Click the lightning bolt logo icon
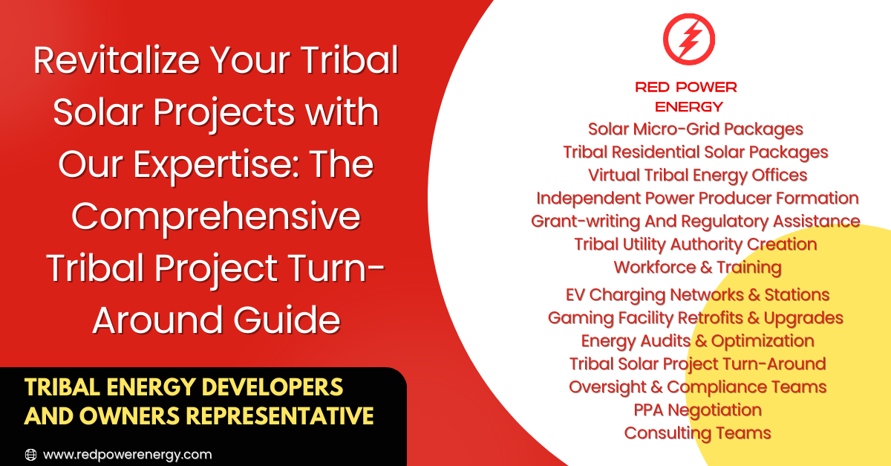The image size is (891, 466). (x=689, y=39)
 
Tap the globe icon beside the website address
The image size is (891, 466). (x=31, y=454)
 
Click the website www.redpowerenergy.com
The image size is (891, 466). (x=127, y=455)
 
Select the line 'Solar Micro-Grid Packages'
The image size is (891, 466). (x=695, y=129)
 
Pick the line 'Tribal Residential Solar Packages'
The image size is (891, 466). (x=695, y=152)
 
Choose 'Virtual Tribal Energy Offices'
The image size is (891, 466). (x=697, y=175)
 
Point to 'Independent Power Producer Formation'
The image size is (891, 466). (x=697, y=198)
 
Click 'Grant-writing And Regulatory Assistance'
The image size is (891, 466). (x=696, y=221)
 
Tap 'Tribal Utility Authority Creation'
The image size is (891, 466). (x=696, y=245)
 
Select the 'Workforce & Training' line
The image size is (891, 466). (x=697, y=268)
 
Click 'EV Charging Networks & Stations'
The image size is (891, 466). (x=697, y=295)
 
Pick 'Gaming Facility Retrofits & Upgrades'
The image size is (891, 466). (x=696, y=318)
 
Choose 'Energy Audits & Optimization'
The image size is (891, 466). (x=697, y=341)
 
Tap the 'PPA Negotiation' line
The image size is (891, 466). (x=697, y=410)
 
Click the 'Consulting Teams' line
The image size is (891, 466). (x=697, y=433)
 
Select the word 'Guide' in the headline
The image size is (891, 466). (x=287, y=320)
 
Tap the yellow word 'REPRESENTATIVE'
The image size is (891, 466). (x=280, y=415)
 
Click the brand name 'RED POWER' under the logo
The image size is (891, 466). (x=686, y=87)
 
